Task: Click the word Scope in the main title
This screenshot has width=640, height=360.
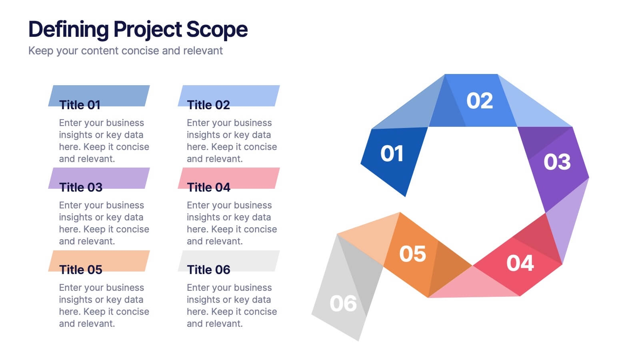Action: coord(217,30)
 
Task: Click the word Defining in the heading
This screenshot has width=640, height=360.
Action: coord(68,30)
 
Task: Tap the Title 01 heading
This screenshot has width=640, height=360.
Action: coord(80,105)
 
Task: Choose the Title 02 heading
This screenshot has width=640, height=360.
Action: coord(208,105)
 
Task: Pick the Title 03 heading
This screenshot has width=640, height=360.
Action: coord(80,188)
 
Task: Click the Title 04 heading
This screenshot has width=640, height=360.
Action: coord(208,188)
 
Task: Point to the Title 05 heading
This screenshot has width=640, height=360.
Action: coord(80,270)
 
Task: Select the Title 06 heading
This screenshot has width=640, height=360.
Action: coord(208,270)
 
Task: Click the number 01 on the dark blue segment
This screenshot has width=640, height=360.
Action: coord(392,154)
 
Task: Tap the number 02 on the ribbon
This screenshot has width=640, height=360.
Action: coord(480,101)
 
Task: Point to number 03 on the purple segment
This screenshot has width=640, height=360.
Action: coord(557,162)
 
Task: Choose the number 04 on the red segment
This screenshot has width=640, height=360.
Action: coord(520,263)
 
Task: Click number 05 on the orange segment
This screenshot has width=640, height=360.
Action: coord(412,254)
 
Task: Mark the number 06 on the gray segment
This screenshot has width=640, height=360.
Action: coord(343,304)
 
